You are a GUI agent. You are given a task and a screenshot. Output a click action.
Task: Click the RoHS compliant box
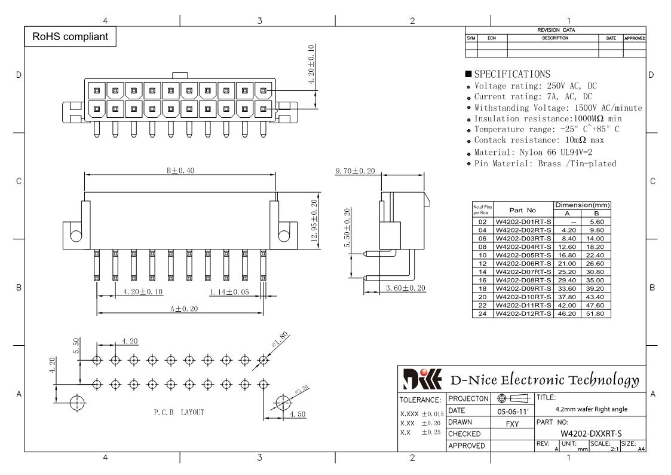[x=70, y=36]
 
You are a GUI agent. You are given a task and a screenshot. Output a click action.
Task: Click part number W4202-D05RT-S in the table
[x=523, y=255]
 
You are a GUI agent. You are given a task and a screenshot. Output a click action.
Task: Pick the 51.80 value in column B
[x=595, y=313]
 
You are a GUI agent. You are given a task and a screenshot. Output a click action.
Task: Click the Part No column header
[x=522, y=211]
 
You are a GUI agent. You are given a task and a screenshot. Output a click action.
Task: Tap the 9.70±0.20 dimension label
[x=355, y=171]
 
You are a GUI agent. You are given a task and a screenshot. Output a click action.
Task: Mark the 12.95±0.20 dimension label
[x=314, y=221]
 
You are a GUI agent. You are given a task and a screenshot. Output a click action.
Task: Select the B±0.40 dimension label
[x=180, y=170]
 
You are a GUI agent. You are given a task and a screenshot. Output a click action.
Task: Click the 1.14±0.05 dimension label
[x=229, y=292]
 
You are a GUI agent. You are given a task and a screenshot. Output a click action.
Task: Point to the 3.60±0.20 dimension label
[x=406, y=288]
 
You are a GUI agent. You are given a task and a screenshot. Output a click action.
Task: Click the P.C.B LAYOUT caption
[x=179, y=412]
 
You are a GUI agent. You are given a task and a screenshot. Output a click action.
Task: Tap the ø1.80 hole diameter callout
[x=280, y=339]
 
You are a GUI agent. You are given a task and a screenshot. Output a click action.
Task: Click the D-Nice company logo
[x=422, y=379]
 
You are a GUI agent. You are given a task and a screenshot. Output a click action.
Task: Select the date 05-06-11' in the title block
[x=513, y=412]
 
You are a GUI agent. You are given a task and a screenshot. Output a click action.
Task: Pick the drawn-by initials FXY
[x=512, y=424]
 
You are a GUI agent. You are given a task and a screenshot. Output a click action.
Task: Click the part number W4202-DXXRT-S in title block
[x=591, y=434]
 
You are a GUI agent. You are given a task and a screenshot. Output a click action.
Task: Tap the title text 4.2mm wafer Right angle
[x=592, y=409]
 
